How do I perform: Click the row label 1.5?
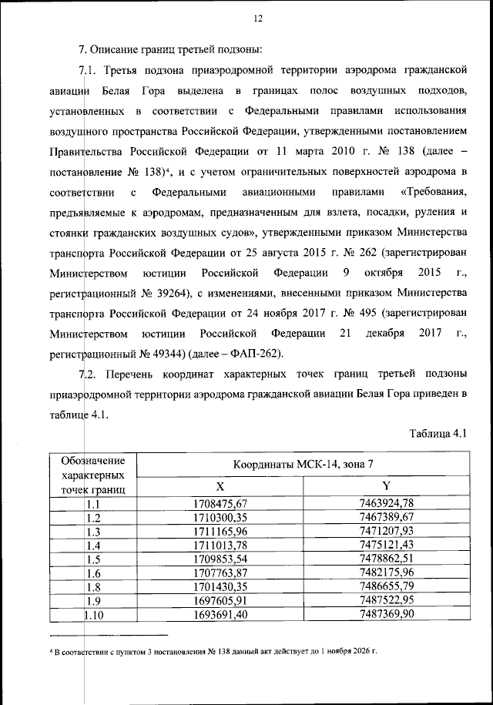click(94, 559)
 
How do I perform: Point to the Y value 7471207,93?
click(387, 531)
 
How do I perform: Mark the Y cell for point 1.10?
click(387, 613)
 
